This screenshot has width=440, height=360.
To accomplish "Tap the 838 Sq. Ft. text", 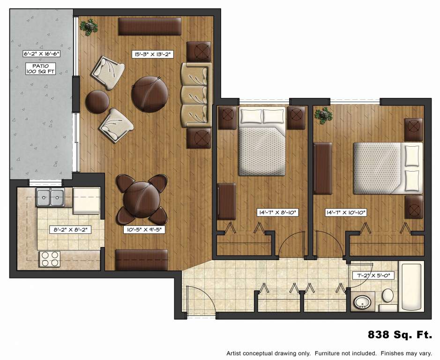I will pyautogui.click(x=399, y=335).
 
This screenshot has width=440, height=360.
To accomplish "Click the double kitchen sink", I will pyautogui.click(x=51, y=197).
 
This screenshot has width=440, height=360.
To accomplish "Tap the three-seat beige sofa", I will pyautogui.click(x=195, y=95).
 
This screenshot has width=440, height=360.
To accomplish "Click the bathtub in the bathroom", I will pyautogui.click(x=411, y=287).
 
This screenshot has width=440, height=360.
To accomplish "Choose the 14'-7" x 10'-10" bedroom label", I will pyautogui.click(x=346, y=212).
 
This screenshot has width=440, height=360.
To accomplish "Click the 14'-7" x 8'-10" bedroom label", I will pyautogui.click(x=278, y=212).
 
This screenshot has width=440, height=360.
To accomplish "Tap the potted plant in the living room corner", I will pyautogui.click(x=88, y=27).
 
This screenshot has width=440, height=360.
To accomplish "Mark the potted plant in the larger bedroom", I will pyautogui.click(x=323, y=115).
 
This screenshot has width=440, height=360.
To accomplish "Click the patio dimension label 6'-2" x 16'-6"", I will pyautogui.click(x=42, y=54).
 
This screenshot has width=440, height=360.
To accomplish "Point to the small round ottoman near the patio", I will pyautogui.click(x=97, y=101).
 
